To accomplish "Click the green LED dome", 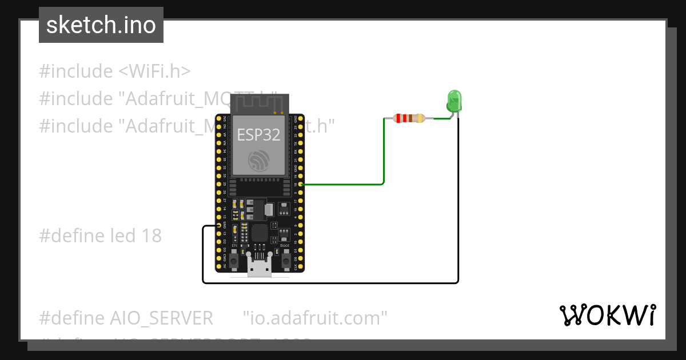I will pyautogui.click(x=454, y=100).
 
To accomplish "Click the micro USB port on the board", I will pyautogui.click(x=260, y=268).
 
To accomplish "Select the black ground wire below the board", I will pyautogui.click(x=332, y=282).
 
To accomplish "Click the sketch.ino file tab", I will pyautogui.click(x=101, y=25).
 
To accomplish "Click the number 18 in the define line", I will pyautogui.click(x=151, y=235).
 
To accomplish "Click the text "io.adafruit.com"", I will pyautogui.click(x=315, y=318).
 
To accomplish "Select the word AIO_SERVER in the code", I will pyautogui.click(x=161, y=318).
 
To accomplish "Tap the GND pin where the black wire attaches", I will pyautogui.click(x=219, y=226).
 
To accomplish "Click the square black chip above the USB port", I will pyautogui.click(x=260, y=232).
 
